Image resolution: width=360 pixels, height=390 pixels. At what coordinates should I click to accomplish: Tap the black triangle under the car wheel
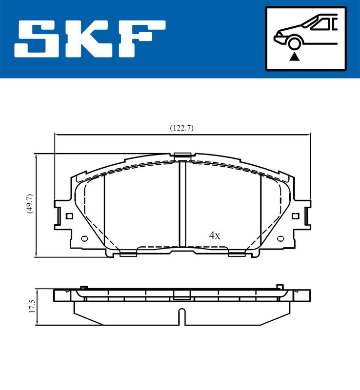(294, 57)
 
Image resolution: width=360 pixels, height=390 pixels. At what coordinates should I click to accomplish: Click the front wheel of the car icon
(294, 43)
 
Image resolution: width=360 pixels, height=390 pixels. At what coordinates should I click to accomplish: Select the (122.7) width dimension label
(181, 128)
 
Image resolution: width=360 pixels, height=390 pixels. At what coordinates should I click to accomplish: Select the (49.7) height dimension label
(30, 204)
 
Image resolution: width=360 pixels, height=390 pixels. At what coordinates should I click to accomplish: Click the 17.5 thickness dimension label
(32, 307)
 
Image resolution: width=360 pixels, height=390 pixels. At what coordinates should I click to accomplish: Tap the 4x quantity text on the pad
(215, 235)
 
